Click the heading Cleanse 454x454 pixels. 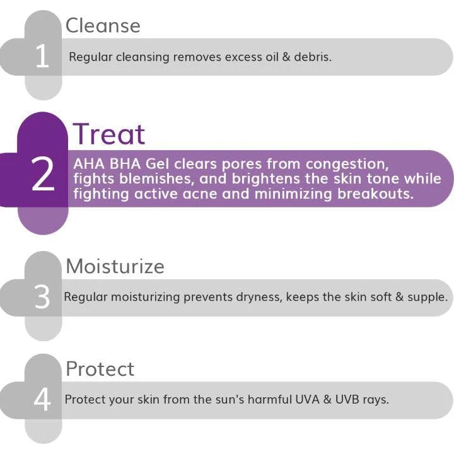[103, 25]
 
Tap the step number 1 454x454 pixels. [42, 57]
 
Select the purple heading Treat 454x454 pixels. [109, 134]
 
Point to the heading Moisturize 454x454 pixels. [115, 266]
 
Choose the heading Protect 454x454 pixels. [100, 369]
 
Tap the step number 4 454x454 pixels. [42, 400]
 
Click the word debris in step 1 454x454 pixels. [311, 57]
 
